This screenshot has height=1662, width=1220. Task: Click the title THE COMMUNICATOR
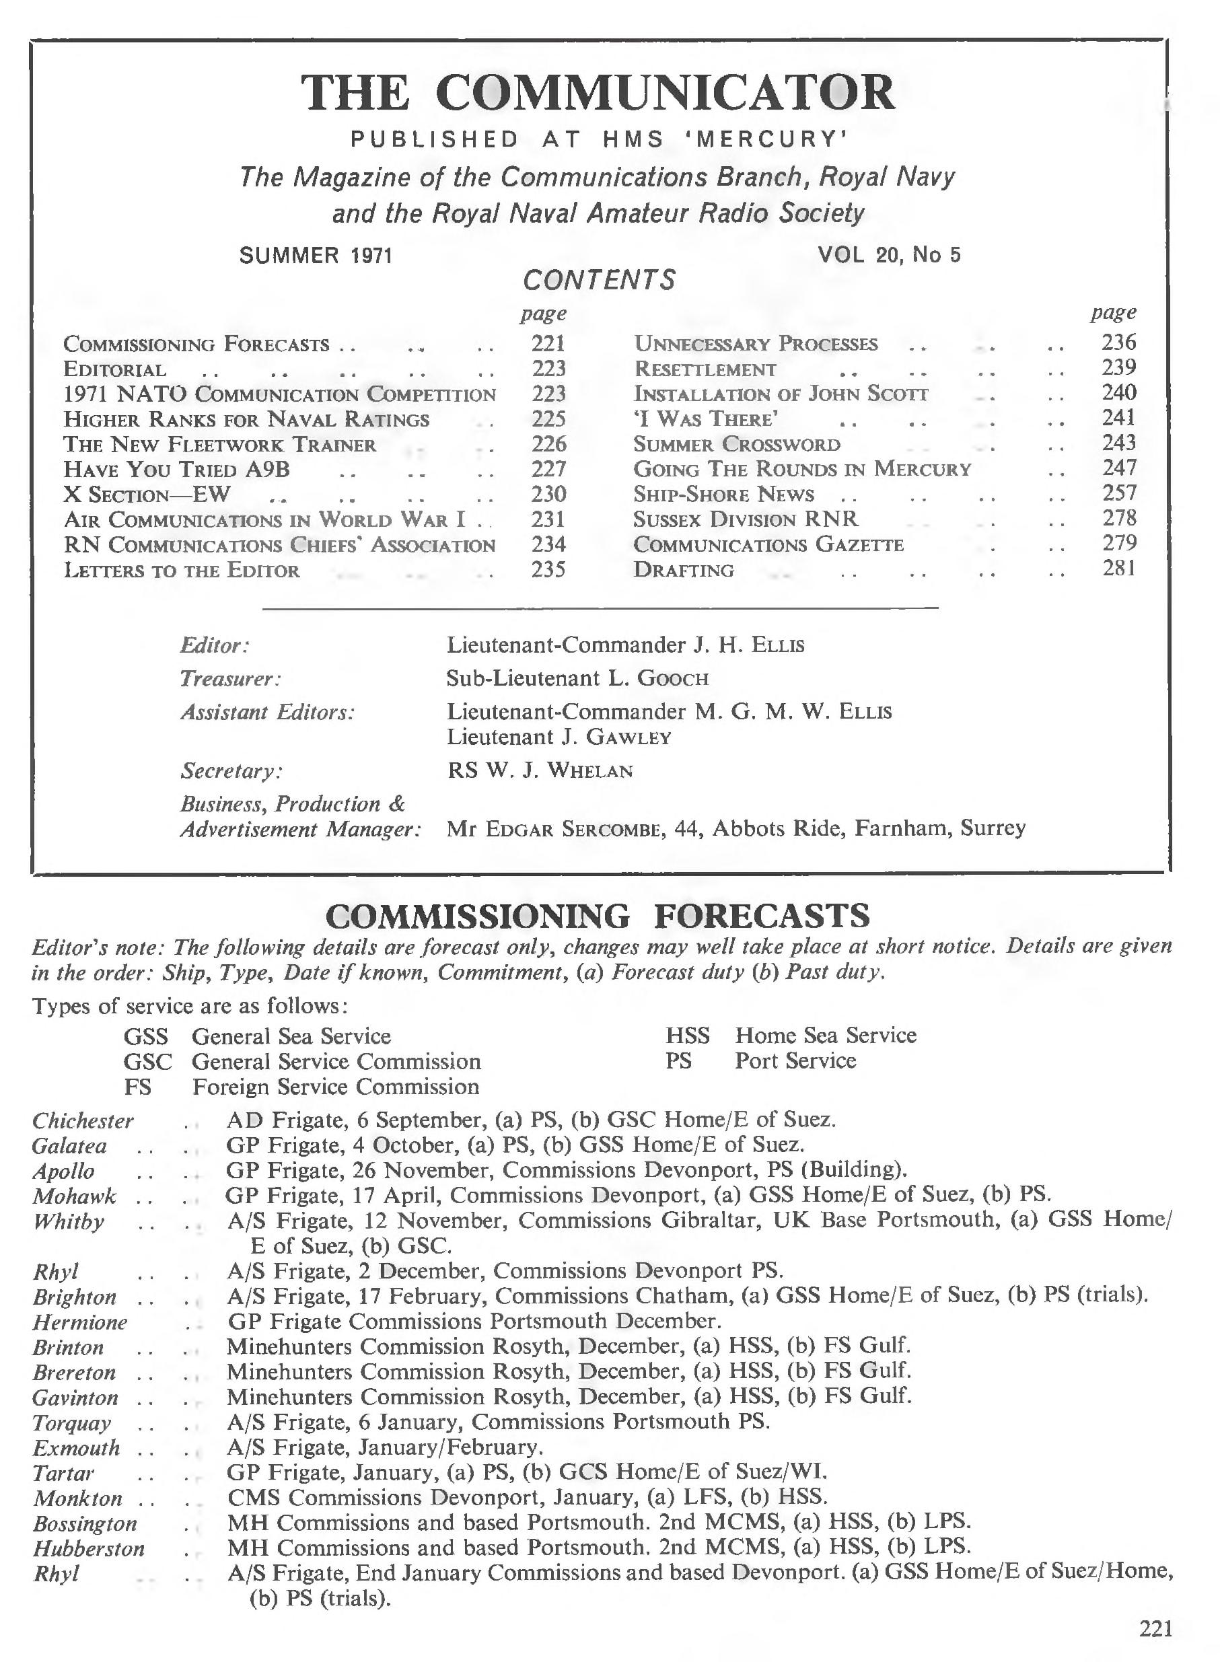598,93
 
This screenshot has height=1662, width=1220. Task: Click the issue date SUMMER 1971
316,256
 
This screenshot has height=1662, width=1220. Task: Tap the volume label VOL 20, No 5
889,255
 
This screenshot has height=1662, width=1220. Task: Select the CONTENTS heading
599,281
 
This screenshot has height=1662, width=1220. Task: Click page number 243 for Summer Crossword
1118,443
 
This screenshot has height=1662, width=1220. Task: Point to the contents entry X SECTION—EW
147,495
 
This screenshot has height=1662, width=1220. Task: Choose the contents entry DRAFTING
684,570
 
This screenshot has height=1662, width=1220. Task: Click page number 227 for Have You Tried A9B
548,469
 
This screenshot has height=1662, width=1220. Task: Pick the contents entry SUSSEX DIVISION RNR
746,519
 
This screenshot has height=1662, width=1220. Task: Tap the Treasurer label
231,678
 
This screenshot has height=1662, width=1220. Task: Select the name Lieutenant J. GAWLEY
559,737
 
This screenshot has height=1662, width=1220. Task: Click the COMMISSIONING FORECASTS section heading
598,916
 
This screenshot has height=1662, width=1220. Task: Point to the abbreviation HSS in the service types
688,1035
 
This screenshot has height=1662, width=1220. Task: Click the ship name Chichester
83,1121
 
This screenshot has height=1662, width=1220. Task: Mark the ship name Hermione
80,1322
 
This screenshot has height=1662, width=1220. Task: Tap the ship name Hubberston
89,1548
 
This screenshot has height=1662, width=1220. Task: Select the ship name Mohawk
74,1196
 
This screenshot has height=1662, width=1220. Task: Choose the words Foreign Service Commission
336,1087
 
